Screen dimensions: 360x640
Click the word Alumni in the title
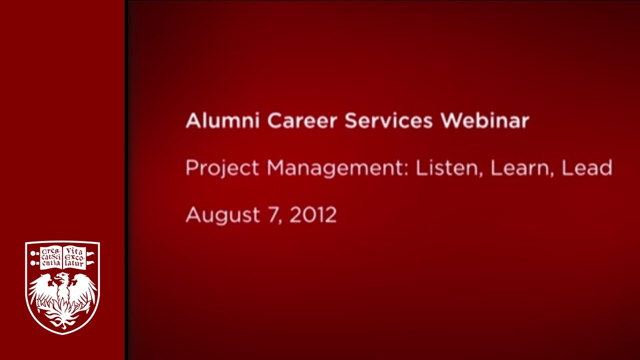(x=222, y=121)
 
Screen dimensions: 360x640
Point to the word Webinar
(x=484, y=121)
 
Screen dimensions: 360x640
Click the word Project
(x=222, y=169)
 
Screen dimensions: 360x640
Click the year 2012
(x=313, y=215)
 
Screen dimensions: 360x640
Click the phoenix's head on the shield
(x=61, y=278)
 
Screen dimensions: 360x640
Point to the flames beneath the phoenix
(x=62, y=317)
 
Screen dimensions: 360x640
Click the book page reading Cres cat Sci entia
(x=51, y=257)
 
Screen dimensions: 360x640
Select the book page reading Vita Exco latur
(x=74, y=257)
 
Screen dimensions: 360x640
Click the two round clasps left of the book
(x=33, y=257)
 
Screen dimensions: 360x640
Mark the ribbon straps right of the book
(x=90, y=257)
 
